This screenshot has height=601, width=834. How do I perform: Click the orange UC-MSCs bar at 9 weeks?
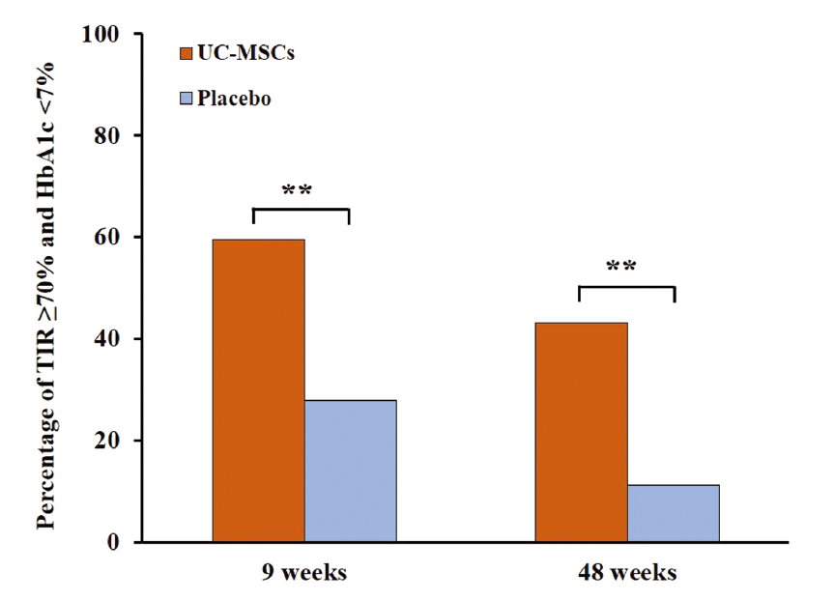[258, 390]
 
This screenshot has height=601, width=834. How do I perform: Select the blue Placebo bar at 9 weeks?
[350, 471]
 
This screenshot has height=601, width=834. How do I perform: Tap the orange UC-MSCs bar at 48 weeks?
[581, 432]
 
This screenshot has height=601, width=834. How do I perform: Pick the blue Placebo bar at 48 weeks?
[673, 513]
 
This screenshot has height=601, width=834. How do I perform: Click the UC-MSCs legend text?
[246, 52]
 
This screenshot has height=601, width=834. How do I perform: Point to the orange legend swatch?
[187, 52]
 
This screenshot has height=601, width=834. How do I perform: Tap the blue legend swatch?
[187, 98]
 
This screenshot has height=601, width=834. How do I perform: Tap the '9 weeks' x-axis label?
[303, 573]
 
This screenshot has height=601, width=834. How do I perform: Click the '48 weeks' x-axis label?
[627, 573]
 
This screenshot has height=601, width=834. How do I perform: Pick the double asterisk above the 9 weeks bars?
[297, 189]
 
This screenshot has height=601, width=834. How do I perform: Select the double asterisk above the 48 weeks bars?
[621, 267]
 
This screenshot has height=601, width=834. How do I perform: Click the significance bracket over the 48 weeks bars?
[625, 287]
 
